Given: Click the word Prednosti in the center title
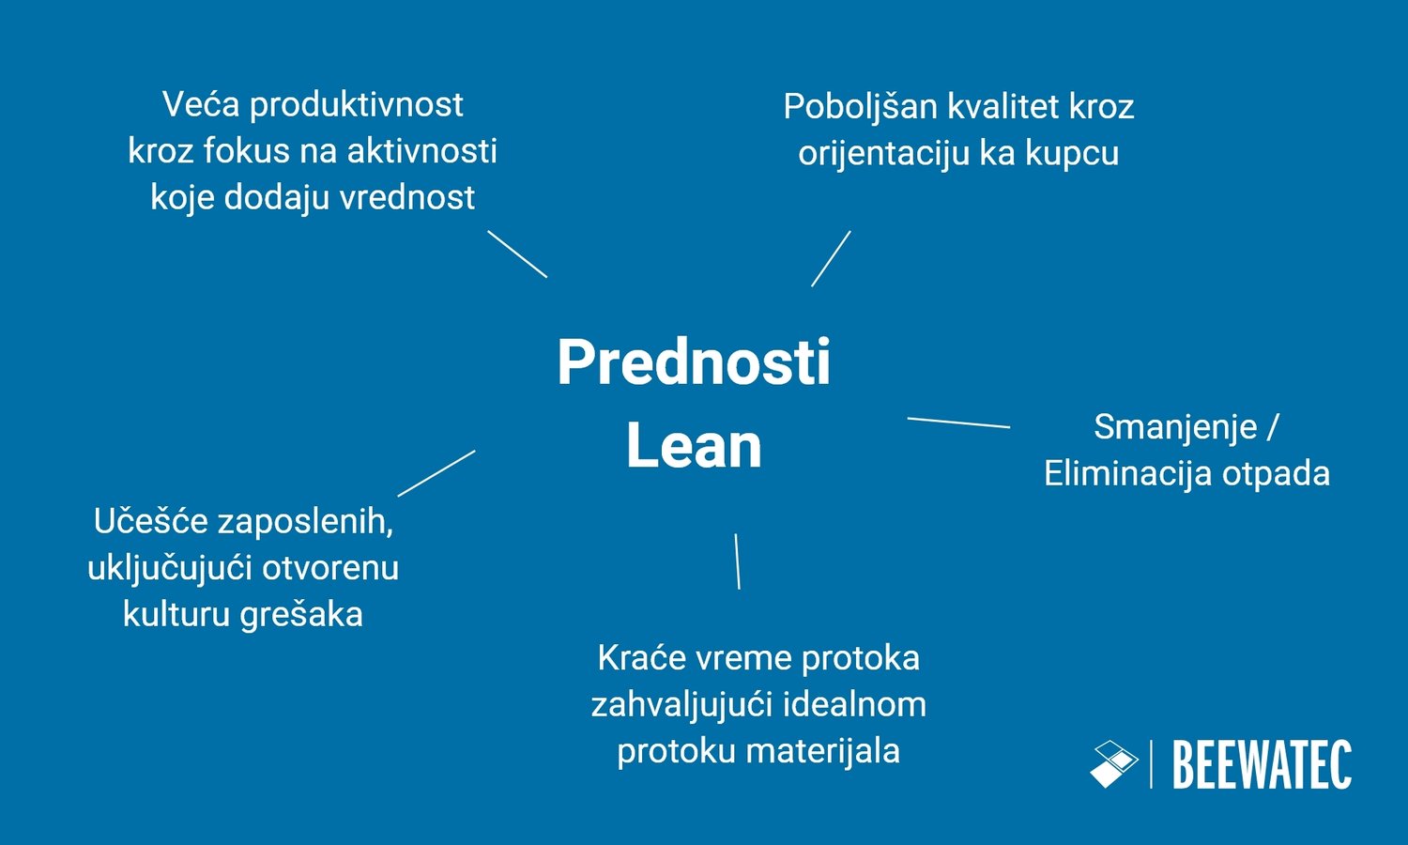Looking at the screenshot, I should click(694, 362).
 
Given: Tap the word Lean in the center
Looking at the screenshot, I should click(694, 445).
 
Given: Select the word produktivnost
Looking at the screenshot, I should click(357, 105).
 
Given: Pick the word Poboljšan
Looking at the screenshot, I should click(860, 107).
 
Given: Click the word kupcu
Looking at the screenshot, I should click(1072, 153).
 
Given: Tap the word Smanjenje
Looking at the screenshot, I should click(1175, 427).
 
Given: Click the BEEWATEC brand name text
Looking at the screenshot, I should click(1262, 765).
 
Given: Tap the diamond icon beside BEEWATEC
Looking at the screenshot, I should click(1114, 764).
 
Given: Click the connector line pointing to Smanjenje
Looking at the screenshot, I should click(958, 422).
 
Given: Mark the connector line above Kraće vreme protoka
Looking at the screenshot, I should click(737, 561).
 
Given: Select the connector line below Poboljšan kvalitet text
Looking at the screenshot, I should click(831, 258).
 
